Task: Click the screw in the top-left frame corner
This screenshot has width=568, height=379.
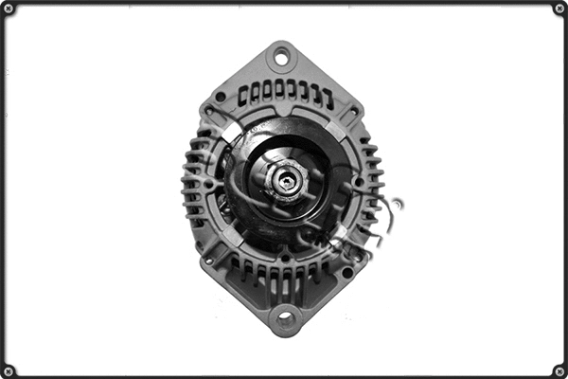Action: [x=9, y=9]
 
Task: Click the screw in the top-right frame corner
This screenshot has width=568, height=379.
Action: [x=559, y=9]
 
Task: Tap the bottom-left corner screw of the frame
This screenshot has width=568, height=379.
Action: [x=9, y=370]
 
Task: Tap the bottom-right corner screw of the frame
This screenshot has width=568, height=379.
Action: [x=559, y=370]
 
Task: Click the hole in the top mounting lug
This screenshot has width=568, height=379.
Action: [x=280, y=58]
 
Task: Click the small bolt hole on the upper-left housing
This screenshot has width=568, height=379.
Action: [x=221, y=97]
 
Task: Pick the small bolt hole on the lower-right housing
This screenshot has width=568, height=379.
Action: [x=347, y=272]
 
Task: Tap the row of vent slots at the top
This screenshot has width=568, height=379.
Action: [x=284, y=93]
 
